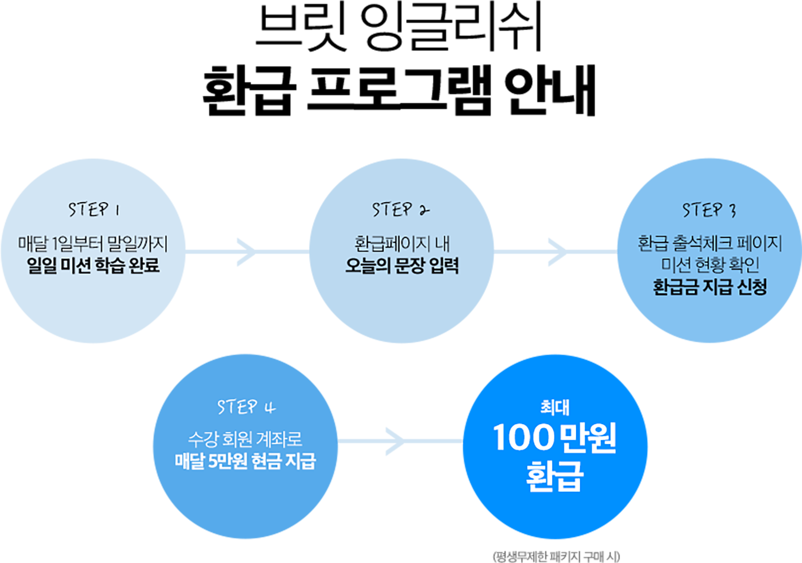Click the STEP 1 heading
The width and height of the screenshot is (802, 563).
pos(94,210)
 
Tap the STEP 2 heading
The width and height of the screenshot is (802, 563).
pos(401,210)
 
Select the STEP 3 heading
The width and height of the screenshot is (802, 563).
pos(709,210)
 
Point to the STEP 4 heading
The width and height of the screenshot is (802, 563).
pos(246,407)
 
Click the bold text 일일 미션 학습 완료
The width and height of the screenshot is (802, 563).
pos(93,266)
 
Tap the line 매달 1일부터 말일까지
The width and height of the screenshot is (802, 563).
pos(93,244)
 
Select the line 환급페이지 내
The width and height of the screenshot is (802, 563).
pos(402,244)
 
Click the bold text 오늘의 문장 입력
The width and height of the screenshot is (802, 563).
pos(402,266)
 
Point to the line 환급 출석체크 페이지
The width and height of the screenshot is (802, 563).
pos(710,243)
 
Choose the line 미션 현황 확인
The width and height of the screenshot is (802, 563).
pos(710,265)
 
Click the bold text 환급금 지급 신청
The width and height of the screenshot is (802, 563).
pos(710,287)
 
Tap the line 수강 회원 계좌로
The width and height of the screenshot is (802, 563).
pos(245,439)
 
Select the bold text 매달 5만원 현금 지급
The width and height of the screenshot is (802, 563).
pos(245,461)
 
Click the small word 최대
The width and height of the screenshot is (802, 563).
pos(555,408)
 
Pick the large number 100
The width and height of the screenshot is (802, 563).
pos(523,438)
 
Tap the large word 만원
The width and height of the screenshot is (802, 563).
pos(589,438)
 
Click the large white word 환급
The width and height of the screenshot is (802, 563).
pos(555,476)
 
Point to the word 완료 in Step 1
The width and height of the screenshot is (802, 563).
pos(144,266)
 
